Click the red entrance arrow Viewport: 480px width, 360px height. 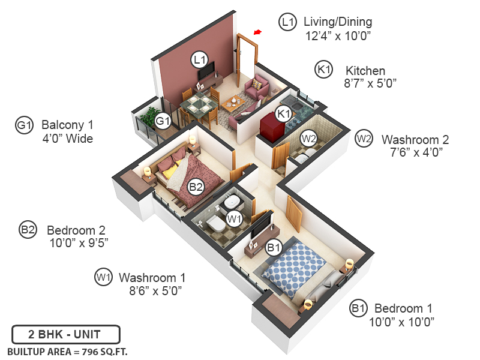click(x=258, y=32)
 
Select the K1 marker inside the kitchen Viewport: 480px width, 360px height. click(x=283, y=113)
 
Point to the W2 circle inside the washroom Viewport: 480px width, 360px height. click(x=308, y=138)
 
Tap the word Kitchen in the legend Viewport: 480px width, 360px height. click(x=365, y=70)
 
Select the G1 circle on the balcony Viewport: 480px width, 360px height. click(x=163, y=121)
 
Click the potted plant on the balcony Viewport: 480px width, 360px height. click(x=149, y=116)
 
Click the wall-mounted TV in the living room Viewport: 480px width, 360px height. click(x=206, y=72)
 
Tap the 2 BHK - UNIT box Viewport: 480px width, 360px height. click(x=66, y=334)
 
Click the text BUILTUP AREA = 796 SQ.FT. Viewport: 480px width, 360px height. click(x=67, y=351)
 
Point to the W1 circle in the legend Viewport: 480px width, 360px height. click(x=104, y=277)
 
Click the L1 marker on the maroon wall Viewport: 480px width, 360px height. click(x=199, y=60)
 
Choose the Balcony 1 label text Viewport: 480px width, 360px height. click(x=67, y=125)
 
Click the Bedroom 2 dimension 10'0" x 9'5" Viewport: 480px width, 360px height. click(x=79, y=243)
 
